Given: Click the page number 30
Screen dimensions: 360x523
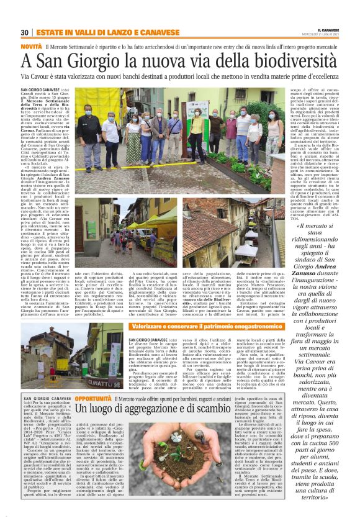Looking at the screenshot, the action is click(x=25, y=32).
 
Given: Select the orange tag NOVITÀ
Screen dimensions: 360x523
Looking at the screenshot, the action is click(x=31, y=47).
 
